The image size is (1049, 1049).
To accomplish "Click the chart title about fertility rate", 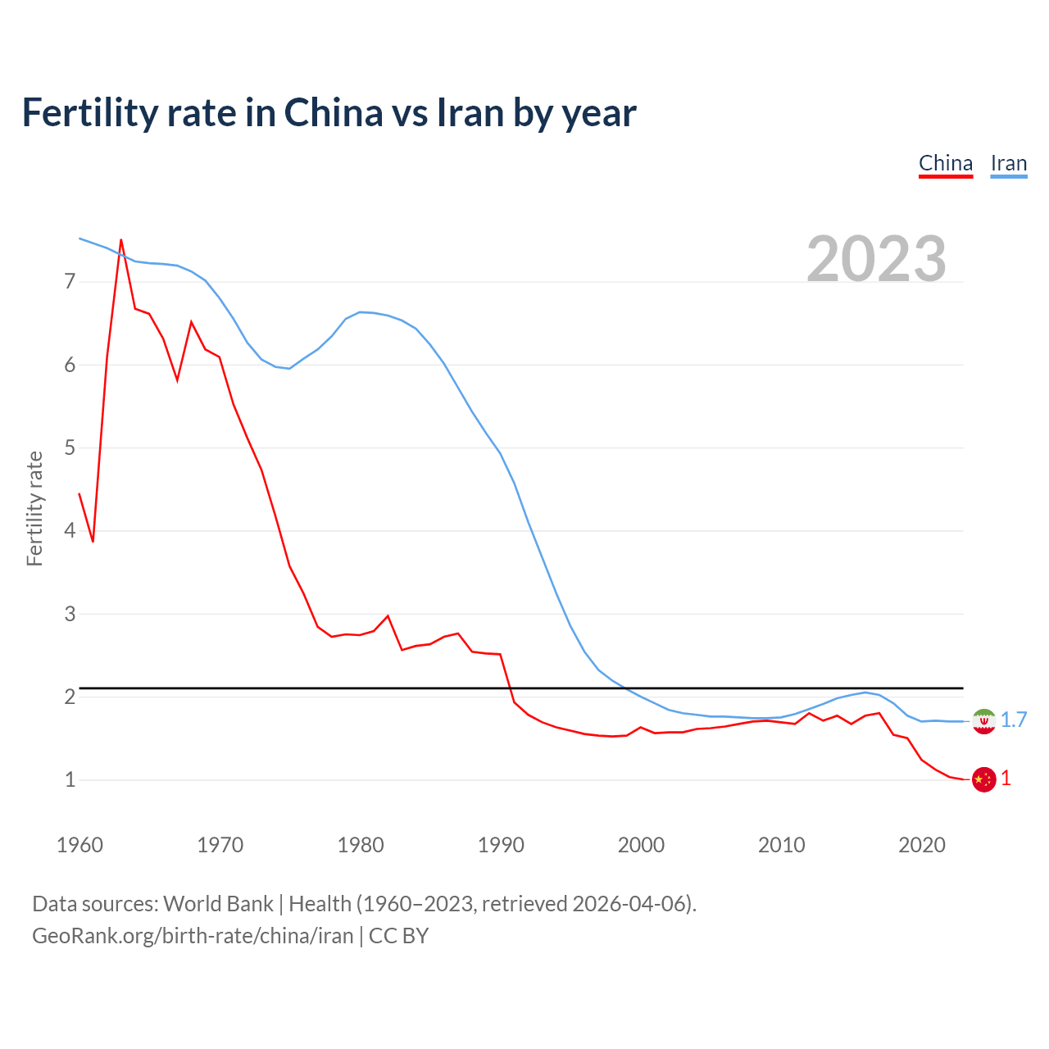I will point(329,113).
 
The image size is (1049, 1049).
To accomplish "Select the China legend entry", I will point(945,164).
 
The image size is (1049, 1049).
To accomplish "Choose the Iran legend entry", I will point(1008,164).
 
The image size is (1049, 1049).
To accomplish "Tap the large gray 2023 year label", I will point(876,259).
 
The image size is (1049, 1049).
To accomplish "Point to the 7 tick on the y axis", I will point(70,282).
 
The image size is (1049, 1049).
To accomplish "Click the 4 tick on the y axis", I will point(70,531).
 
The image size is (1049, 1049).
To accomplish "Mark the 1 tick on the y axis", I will point(70,779).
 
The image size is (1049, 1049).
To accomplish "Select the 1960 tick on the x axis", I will point(79,845).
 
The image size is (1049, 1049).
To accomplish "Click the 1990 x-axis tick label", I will point(501,845).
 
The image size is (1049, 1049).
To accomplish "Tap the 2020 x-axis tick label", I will point(922,845).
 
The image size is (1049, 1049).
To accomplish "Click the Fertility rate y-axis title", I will point(34,508).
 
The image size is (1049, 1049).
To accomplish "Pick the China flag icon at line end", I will point(983,779).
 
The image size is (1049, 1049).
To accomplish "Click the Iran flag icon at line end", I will point(983,721).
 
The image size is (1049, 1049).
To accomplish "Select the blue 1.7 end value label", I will point(1014,720).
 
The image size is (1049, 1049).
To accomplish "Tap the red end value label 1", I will point(1006,779).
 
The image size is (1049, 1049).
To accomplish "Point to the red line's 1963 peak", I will point(121,240).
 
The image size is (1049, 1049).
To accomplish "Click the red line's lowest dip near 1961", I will point(93,542).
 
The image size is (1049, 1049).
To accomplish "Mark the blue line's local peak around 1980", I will point(361,312).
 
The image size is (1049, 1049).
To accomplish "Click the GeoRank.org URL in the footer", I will point(193,936).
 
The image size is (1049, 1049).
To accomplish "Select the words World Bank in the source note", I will point(218,904).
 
